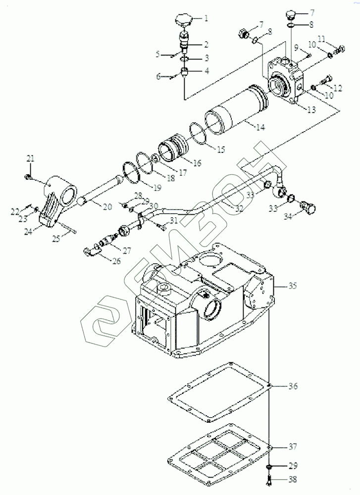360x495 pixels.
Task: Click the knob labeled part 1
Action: click(184, 22)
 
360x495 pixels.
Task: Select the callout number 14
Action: click(260, 128)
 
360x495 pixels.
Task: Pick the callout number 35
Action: click(292, 286)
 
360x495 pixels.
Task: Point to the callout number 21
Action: click(31, 158)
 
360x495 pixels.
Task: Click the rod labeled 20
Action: click(102, 190)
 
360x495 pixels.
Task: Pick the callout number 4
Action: click(206, 71)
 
